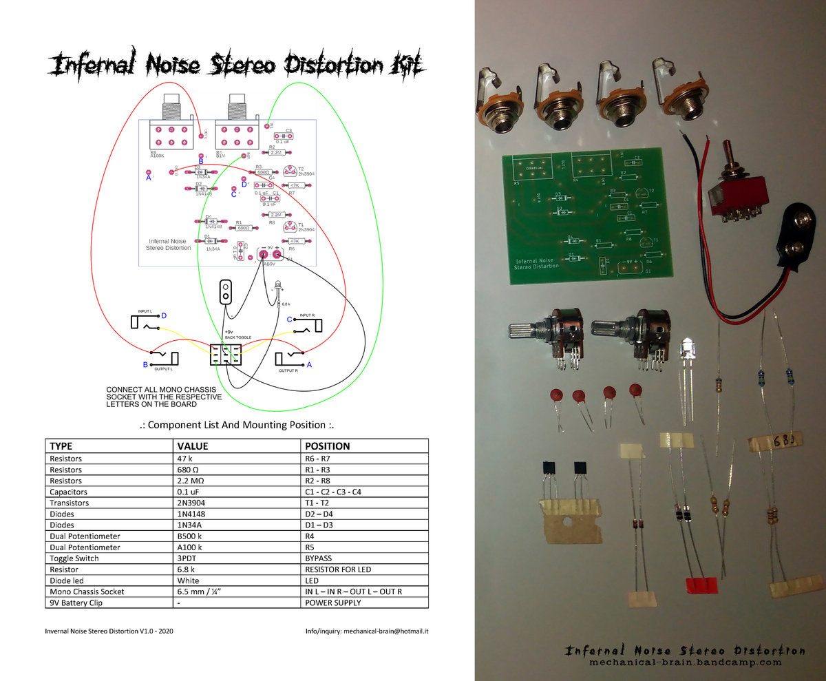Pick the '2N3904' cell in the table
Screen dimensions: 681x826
point(192,503)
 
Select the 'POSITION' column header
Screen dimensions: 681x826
point(327,446)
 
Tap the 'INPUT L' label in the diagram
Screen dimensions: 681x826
point(149,312)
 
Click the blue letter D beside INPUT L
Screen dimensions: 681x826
point(164,315)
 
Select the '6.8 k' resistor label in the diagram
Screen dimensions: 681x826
point(286,304)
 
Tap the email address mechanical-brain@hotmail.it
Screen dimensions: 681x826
point(385,631)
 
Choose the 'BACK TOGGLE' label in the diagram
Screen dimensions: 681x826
point(238,337)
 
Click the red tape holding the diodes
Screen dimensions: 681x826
point(703,585)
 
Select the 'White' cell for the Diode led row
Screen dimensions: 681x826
point(189,580)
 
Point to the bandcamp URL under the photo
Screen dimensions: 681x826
point(684,662)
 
